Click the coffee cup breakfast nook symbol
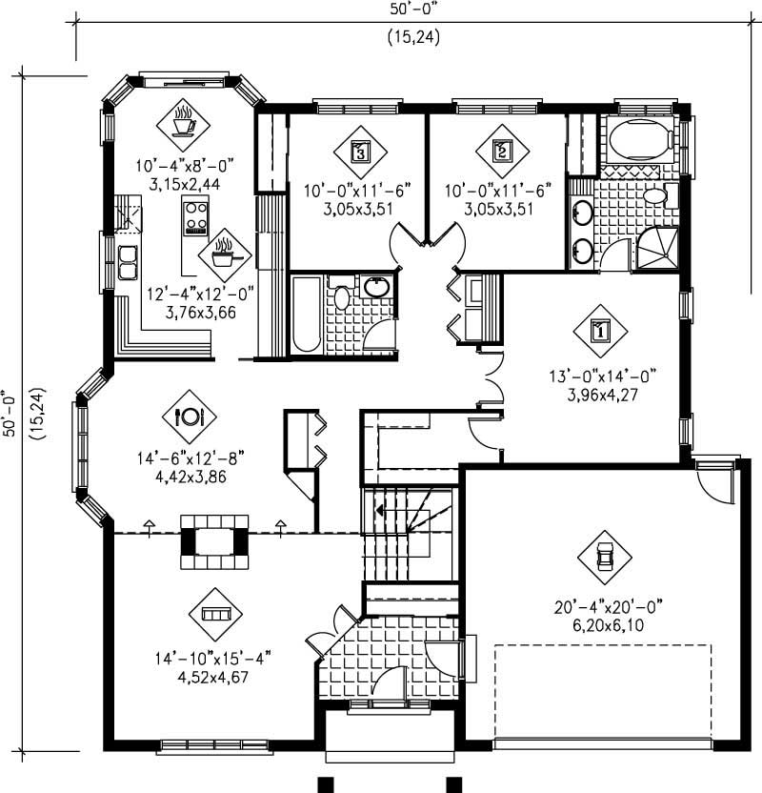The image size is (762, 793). point(184,122)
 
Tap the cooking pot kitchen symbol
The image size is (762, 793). point(225,254)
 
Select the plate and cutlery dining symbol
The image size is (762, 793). point(190,417)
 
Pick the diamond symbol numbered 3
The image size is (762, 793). point(360,151)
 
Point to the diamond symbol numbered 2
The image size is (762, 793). point(502,151)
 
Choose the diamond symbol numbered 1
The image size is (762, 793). point(600,331)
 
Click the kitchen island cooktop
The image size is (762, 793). point(196,217)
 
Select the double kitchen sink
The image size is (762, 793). point(127,260)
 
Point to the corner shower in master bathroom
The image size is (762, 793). point(656,250)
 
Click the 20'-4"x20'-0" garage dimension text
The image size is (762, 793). point(607,606)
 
